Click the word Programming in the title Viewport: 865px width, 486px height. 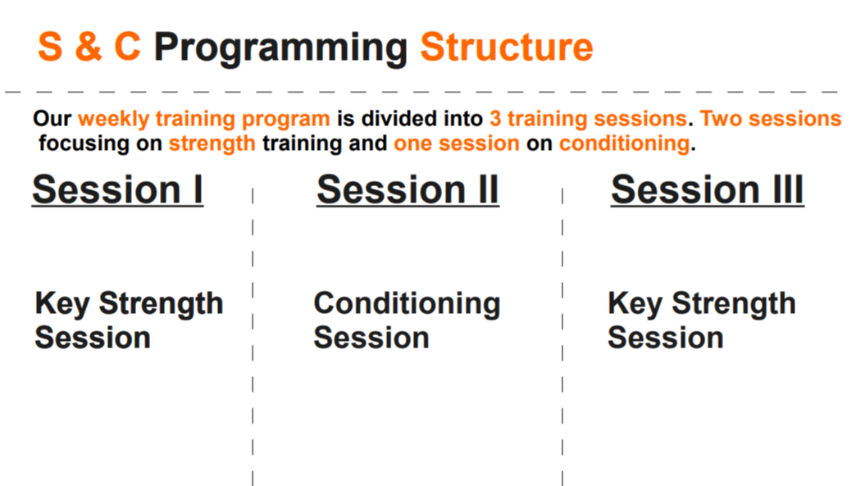[x=280, y=48]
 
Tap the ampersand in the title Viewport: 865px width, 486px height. [x=89, y=47]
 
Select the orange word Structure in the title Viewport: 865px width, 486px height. [x=507, y=47]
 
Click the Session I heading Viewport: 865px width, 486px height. [x=117, y=190]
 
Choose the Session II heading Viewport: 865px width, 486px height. [x=407, y=190]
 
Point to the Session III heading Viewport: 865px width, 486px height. [x=708, y=190]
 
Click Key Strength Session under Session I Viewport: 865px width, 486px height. [x=129, y=320]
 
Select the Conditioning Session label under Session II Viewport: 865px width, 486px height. [x=407, y=320]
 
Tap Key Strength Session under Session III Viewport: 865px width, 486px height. [x=702, y=320]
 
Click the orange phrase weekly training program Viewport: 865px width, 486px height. [x=204, y=119]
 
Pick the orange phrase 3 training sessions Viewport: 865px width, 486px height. [x=588, y=119]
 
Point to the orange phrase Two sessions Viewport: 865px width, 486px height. [x=771, y=119]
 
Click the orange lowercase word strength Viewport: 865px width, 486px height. [x=212, y=143]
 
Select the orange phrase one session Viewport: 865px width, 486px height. [x=457, y=143]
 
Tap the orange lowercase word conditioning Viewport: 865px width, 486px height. [x=625, y=143]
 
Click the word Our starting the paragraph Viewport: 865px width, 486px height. [x=52, y=119]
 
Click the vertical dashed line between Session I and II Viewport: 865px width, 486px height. [x=253, y=337]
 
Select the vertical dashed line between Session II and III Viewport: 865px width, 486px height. [x=562, y=337]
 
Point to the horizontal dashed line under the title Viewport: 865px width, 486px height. [x=421, y=92]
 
